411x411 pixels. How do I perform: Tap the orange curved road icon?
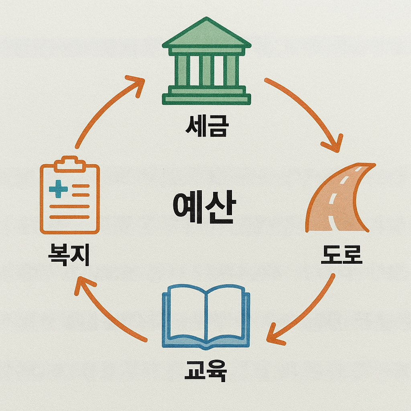(x=341, y=198)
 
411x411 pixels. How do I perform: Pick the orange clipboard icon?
(x=70, y=195)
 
